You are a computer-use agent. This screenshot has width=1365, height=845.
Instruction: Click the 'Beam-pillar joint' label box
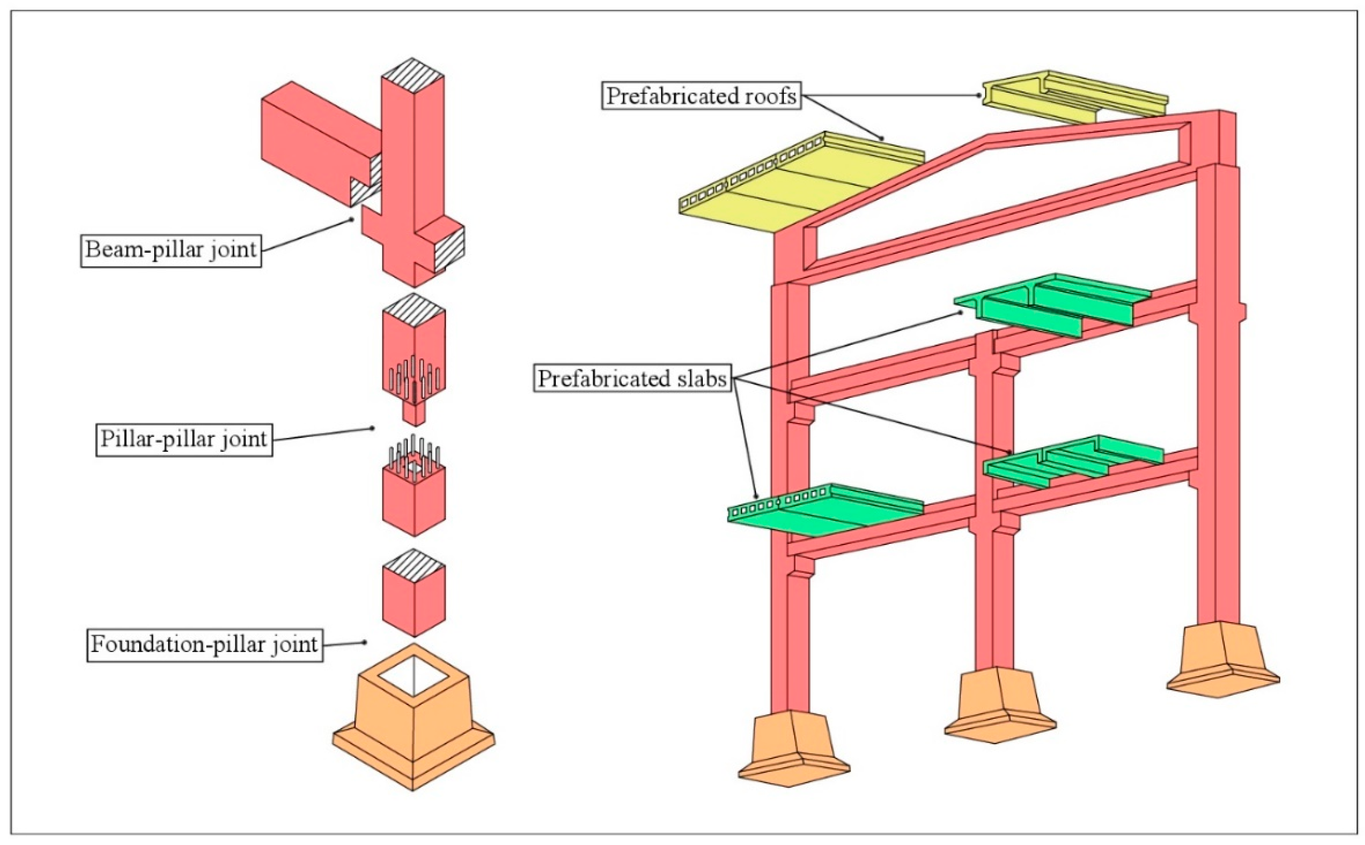(171, 249)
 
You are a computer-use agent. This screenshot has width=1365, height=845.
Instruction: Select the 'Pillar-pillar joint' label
(184, 439)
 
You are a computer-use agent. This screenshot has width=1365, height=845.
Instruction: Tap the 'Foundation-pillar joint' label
(205, 644)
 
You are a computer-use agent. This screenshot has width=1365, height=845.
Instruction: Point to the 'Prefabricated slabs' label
(632, 378)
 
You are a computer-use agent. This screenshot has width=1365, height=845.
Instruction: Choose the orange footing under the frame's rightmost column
(1223, 660)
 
